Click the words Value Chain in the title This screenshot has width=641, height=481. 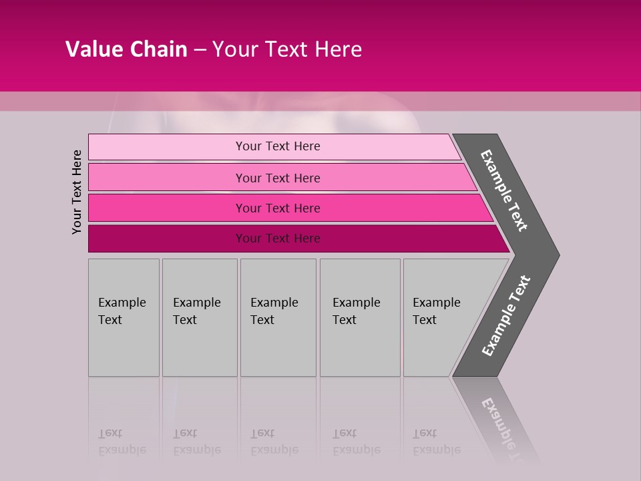(126, 49)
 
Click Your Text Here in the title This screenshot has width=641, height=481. (287, 49)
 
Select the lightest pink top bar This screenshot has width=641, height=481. (167, 147)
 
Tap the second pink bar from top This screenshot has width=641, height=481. (167, 178)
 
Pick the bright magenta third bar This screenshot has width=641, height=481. (167, 208)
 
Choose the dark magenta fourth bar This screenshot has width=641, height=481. (167, 238)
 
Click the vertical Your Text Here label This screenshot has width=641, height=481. (77, 192)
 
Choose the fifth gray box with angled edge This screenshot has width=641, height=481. (441, 347)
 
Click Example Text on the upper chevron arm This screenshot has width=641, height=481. (504, 190)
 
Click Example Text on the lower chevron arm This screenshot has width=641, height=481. (506, 316)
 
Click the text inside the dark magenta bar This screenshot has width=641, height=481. (278, 238)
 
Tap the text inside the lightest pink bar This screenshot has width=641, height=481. (278, 146)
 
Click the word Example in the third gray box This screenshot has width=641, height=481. (274, 303)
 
